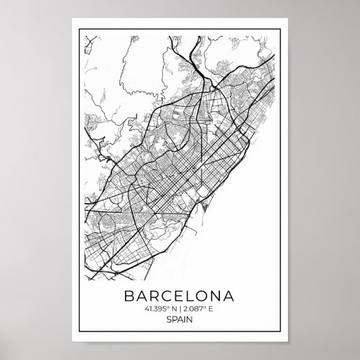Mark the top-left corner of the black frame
click(x=79, y=29)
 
